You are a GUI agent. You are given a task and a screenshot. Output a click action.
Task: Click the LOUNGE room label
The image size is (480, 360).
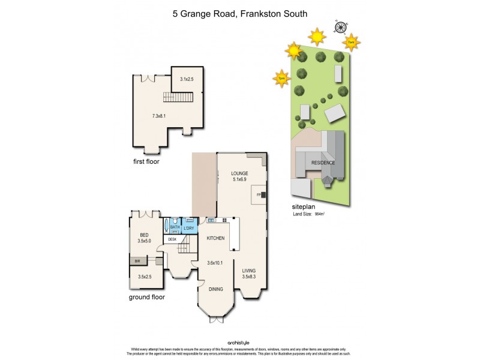pyautogui.click(x=240, y=173)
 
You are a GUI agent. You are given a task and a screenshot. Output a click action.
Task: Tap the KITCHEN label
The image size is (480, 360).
pyautogui.click(x=215, y=238)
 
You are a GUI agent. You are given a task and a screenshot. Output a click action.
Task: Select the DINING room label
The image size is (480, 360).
pyautogui.click(x=215, y=289)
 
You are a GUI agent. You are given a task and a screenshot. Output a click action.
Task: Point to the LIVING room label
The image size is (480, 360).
pyautogui.click(x=248, y=271)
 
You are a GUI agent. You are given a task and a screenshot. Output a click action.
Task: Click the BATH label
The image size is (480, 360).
pyautogui.click(x=175, y=227)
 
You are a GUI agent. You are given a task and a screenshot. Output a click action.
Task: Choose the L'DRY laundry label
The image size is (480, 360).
pyautogui.click(x=188, y=227)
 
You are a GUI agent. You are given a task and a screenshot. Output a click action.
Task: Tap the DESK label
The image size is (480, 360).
pyautogui.click(x=172, y=239)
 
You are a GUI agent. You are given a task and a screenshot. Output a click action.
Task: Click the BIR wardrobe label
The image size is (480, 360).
pyautogui.click(x=137, y=261)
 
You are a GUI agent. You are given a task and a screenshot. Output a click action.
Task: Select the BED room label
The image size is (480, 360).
pyautogui.click(x=144, y=235)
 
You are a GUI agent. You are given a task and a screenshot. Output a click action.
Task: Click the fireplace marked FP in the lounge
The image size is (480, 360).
pyautogui.click(x=260, y=195)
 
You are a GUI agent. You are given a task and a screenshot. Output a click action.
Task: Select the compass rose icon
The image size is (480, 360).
pyautogui.click(x=341, y=26)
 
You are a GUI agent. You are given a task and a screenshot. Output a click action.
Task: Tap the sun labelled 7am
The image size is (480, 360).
pyautogui.click(x=352, y=42)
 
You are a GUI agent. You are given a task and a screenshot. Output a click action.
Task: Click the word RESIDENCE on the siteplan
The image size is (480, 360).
pyautogui.click(x=323, y=163)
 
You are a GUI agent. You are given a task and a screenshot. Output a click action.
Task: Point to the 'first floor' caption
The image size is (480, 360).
pyautogui.click(x=146, y=161)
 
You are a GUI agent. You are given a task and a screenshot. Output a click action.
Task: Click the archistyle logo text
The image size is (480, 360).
pyautogui.click(x=240, y=343)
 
